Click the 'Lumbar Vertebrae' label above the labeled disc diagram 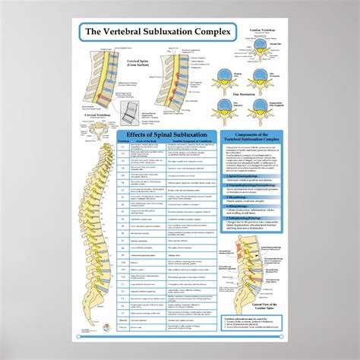pyautogui.click(x=257, y=30)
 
